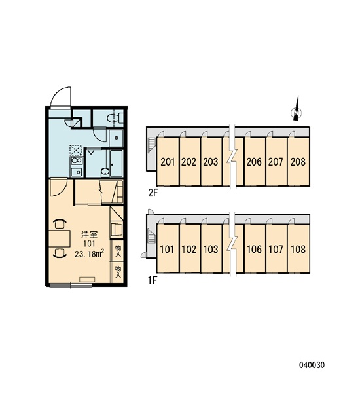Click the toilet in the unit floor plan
click(115, 117)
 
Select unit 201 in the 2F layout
click(168, 162)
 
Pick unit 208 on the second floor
click(298, 162)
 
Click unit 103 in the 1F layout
click(211, 249)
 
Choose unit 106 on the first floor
click(255, 249)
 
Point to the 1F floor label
click(152, 280)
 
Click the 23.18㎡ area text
click(90, 253)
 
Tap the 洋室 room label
click(90, 234)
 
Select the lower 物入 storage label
click(118, 272)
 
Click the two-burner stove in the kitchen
click(77, 160)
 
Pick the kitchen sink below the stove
click(77, 172)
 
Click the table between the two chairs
click(60, 238)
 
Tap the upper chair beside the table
click(60, 223)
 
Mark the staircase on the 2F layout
click(151, 145)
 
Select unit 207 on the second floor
click(276, 162)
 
